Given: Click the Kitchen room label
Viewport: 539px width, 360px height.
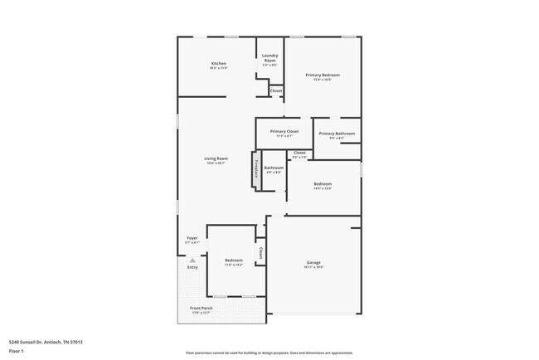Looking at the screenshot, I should (x=219, y=64).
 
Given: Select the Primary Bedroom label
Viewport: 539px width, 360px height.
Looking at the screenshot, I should (x=323, y=75).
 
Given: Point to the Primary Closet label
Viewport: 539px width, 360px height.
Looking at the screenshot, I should (x=284, y=132).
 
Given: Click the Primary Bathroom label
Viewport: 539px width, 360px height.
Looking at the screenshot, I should (x=337, y=134).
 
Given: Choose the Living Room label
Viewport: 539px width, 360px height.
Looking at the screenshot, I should (x=216, y=158).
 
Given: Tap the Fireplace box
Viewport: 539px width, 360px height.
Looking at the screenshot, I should (x=257, y=169).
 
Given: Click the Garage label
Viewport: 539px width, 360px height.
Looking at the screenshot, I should (x=313, y=263).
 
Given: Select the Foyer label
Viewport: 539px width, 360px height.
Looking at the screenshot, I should (x=192, y=238).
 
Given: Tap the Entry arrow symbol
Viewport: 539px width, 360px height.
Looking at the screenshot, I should (x=192, y=260).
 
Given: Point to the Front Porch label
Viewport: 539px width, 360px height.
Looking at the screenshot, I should (x=202, y=309).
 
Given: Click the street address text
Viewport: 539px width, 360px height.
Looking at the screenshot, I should (x=46, y=342).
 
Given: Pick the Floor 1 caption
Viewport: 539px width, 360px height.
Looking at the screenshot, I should (x=16, y=351).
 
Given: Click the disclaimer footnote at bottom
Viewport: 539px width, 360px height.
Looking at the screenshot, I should (x=269, y=353).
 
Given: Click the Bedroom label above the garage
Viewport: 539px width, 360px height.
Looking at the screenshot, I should (x=323, y=184).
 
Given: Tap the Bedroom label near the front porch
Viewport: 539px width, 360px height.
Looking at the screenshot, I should (x=234, y=260).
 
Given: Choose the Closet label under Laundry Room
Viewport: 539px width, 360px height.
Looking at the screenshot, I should (x=276, y=90).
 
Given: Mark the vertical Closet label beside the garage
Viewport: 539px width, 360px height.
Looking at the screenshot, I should (x=260, y=252).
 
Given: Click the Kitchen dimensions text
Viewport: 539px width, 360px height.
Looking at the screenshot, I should (x=219, y=69).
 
